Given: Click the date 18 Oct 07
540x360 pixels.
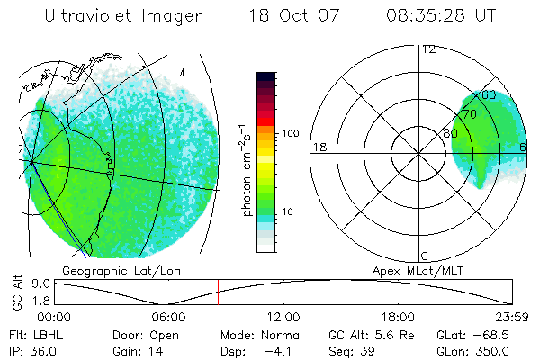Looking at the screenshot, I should pyautogui.click(x=291, y=17).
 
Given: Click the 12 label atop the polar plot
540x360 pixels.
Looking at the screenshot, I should pyautogui.click(x=428, y=49).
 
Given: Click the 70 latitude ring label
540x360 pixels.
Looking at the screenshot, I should pyautogui.click(x=468, y=114).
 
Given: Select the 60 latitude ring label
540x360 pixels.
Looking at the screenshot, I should pyautogui.click(x=489, y=94).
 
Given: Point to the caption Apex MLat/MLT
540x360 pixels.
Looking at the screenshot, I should pyautogui.click(x=419, y=270).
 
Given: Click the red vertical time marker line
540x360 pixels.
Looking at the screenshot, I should pyautogui.click(x=218, y=291).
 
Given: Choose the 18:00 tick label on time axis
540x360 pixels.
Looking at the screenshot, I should pyautogui.click(x=398, y=317).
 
